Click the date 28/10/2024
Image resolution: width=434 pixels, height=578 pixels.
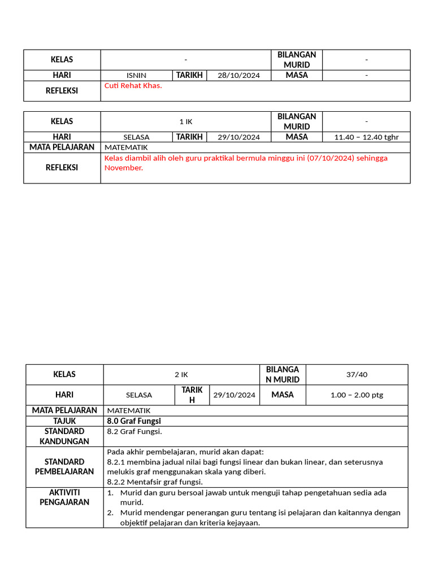pos(239,76)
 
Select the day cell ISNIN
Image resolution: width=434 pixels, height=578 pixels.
pos(136,76)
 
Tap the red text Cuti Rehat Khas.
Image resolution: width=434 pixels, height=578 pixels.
pos(133,86)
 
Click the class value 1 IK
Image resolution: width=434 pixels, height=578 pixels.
pos(185,121)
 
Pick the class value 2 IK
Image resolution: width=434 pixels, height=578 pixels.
pos(181,374)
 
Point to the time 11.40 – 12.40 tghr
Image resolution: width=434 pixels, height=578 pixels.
pos(366,137)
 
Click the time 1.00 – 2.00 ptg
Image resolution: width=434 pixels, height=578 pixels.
pos(357,395)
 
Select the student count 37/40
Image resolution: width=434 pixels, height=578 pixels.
pos(357,374)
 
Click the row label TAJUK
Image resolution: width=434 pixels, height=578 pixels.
pos(64,421)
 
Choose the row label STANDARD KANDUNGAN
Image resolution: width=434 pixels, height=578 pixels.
pos(64,436)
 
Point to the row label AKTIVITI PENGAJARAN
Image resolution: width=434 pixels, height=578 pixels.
pos(64,497)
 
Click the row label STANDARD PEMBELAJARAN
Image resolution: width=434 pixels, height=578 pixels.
pos(64,466)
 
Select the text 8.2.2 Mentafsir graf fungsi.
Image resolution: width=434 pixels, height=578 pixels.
pos(155,482)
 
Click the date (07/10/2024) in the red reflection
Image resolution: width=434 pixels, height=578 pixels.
pos(328,158)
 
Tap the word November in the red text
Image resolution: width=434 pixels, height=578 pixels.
pos(123,168)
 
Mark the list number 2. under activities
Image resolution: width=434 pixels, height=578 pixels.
pos(111,513)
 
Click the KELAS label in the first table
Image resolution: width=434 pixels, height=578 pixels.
pos(62,60)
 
